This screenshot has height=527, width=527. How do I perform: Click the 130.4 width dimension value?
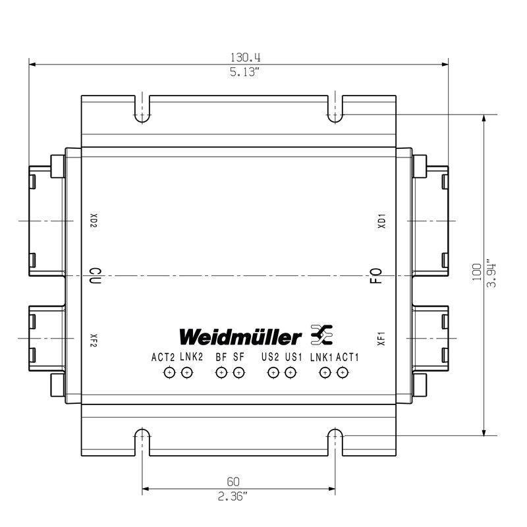click(x=245, y=57)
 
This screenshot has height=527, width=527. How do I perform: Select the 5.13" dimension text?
click(x=244, y=72)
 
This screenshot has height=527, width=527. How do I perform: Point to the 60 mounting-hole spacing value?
click(x=233, y=482)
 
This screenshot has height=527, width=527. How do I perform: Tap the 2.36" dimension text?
click(x=233, y=496)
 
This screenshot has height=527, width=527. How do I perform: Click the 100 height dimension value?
click(x=476, y=272)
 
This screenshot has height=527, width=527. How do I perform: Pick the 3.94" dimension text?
click(x=491, y=273)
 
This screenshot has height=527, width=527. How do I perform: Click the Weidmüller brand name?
click(x=240, y=337)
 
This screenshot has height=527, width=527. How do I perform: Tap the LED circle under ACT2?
click(x=170, y=372)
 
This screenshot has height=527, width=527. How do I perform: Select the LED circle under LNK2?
click(x=187, y=372)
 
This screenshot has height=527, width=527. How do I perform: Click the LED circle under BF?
click(x=221, y=372)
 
